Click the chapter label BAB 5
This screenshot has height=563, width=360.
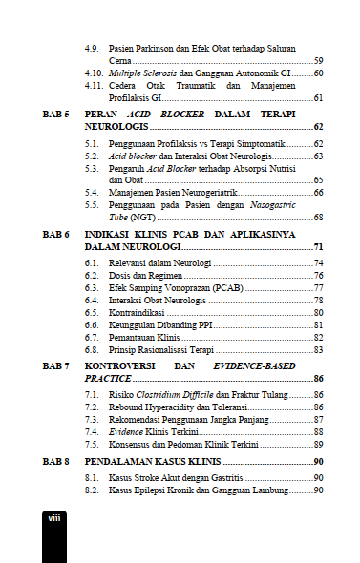pyautogui.click(x=56, y=114)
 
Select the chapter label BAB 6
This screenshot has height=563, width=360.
pyautogui.click(x=56, y=234)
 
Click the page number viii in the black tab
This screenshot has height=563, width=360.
pyautogui.click(x=56, y=516)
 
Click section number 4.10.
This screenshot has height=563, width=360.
pyautogui.click(x=94, y=73)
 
